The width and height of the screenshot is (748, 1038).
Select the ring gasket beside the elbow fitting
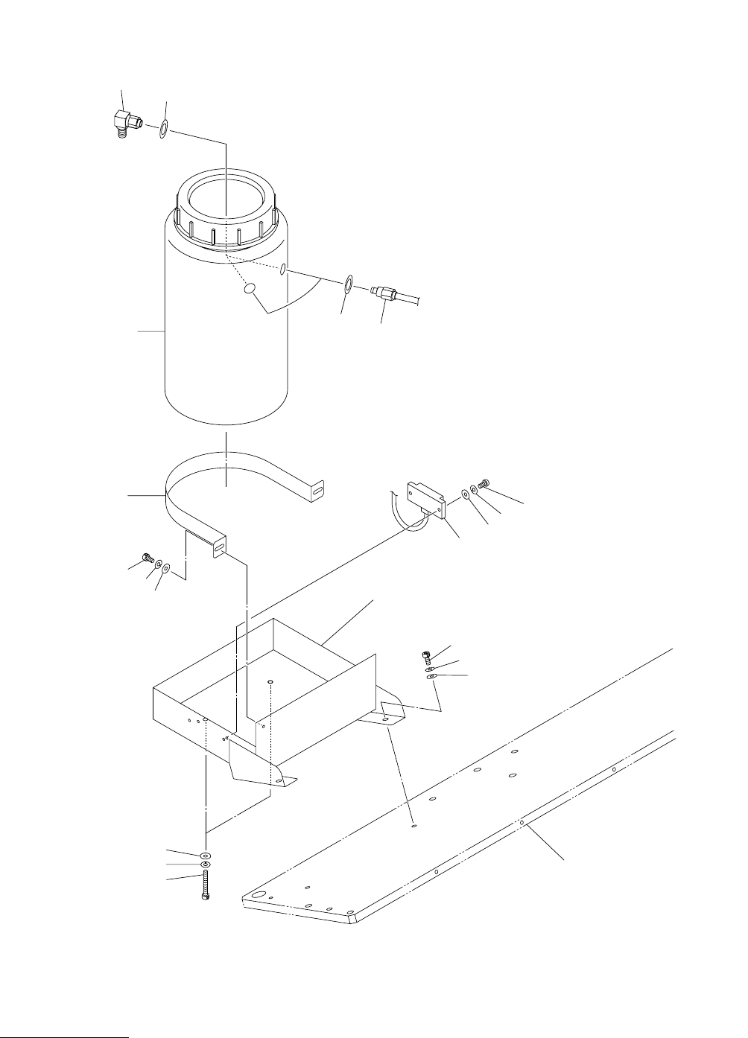[x=163, y=129]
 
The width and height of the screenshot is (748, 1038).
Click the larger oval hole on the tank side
[x=251, y=287]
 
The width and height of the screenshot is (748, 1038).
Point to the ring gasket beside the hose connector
[x=348, y=283]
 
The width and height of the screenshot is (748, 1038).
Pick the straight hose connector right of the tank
[x=384, y=293]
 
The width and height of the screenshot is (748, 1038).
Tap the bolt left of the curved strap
[x=147, y=557]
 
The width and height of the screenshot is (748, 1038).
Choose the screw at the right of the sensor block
[x=482, y=485]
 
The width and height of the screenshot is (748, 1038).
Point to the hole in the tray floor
[x=270, y=680]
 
